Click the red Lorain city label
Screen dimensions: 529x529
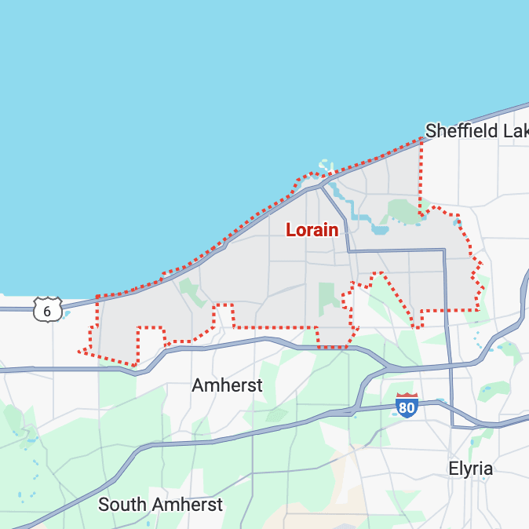click(312, 230)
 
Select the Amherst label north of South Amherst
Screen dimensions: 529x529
click(227, 385)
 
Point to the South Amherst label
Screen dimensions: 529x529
click(160, 505)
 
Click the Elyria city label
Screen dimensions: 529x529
click(470, 469)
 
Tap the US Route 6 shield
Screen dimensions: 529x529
click(47, 311)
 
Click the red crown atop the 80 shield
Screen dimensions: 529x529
click(407, 397)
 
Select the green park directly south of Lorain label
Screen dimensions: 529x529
click(329, 297)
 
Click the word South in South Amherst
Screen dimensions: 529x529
click(123, 505)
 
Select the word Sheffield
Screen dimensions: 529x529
click(460, 131)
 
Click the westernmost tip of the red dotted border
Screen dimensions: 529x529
click(79, 351)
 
